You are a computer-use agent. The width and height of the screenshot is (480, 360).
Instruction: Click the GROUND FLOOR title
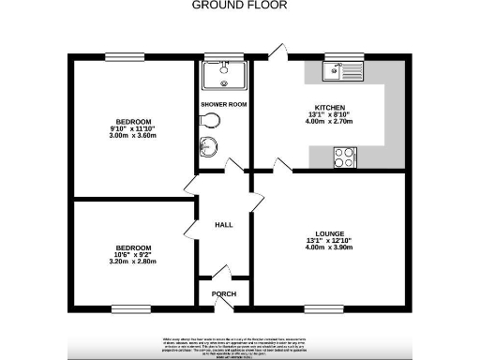pyautogui.click(x=239, y=5)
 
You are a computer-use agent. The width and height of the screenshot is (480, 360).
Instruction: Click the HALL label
pyautogui.click(x=224, y=225)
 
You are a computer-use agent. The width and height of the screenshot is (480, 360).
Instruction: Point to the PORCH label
pyautogui.click(x=224, y=294)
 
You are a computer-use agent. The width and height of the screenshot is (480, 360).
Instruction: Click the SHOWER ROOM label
pyautogui.click(x=224, y=105)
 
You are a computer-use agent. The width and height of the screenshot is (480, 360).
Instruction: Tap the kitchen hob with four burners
pyautogui.click(x=344, y=157)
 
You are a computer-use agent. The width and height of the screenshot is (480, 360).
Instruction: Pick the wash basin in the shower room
pyautogui.click(x=208, y=146)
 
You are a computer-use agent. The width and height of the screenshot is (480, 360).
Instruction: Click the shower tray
pyautogui.click(x=223, y=75)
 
